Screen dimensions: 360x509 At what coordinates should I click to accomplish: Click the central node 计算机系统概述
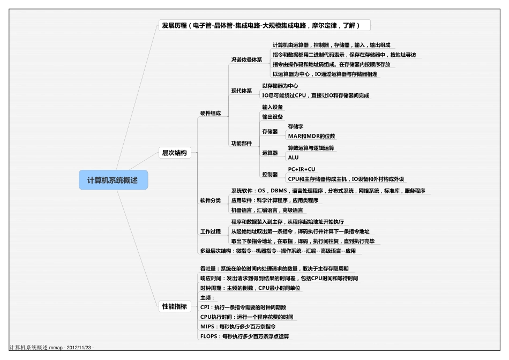pyautogui.click(x=113, y=180)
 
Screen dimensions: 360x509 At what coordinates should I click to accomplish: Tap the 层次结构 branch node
pyautogui.click(x=174, y=153)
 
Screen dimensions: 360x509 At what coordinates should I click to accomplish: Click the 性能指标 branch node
pyautogui.click(x=174, y=306)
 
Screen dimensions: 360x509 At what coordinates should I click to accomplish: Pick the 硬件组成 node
pyautogui.click(x=210, y=113)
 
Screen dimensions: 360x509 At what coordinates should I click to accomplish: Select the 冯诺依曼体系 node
pyautogui.click(x=246, y=59)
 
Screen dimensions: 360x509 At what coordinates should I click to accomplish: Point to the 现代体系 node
pyautogui.click(x=241, y=91)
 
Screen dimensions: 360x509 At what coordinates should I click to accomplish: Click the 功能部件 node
pyautogui.click(x=241, y=144)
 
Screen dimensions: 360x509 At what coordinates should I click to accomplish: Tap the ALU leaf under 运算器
pyautogui.click(x=293, y=157)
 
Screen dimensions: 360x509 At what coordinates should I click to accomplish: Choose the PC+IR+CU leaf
pyautogui.click(x=302, y=169)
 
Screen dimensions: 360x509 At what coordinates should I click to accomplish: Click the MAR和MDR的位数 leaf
pyautogui.click(x=311, y=136)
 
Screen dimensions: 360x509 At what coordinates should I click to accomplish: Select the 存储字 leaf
pyautogui.click(x=296, y=126)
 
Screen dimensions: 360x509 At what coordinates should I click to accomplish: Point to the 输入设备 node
pyautogui.click(x=272, y=107)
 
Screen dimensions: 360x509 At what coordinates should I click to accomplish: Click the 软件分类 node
pyautogui.click(x=210, y=200)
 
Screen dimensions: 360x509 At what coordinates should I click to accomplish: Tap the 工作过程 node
pyautogui.click(x=210, y=231)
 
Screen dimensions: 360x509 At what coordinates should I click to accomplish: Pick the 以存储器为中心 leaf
pyautogui.click(x=280, y=86)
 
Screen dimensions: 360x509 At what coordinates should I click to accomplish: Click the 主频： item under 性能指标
pyautogui.click(x=207, y=297)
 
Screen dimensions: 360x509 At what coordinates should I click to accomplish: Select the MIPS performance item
pyautogui.click(x=237, y=326)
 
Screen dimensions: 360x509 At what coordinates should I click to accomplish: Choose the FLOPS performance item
pyautogui.click(x=244, y=336)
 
